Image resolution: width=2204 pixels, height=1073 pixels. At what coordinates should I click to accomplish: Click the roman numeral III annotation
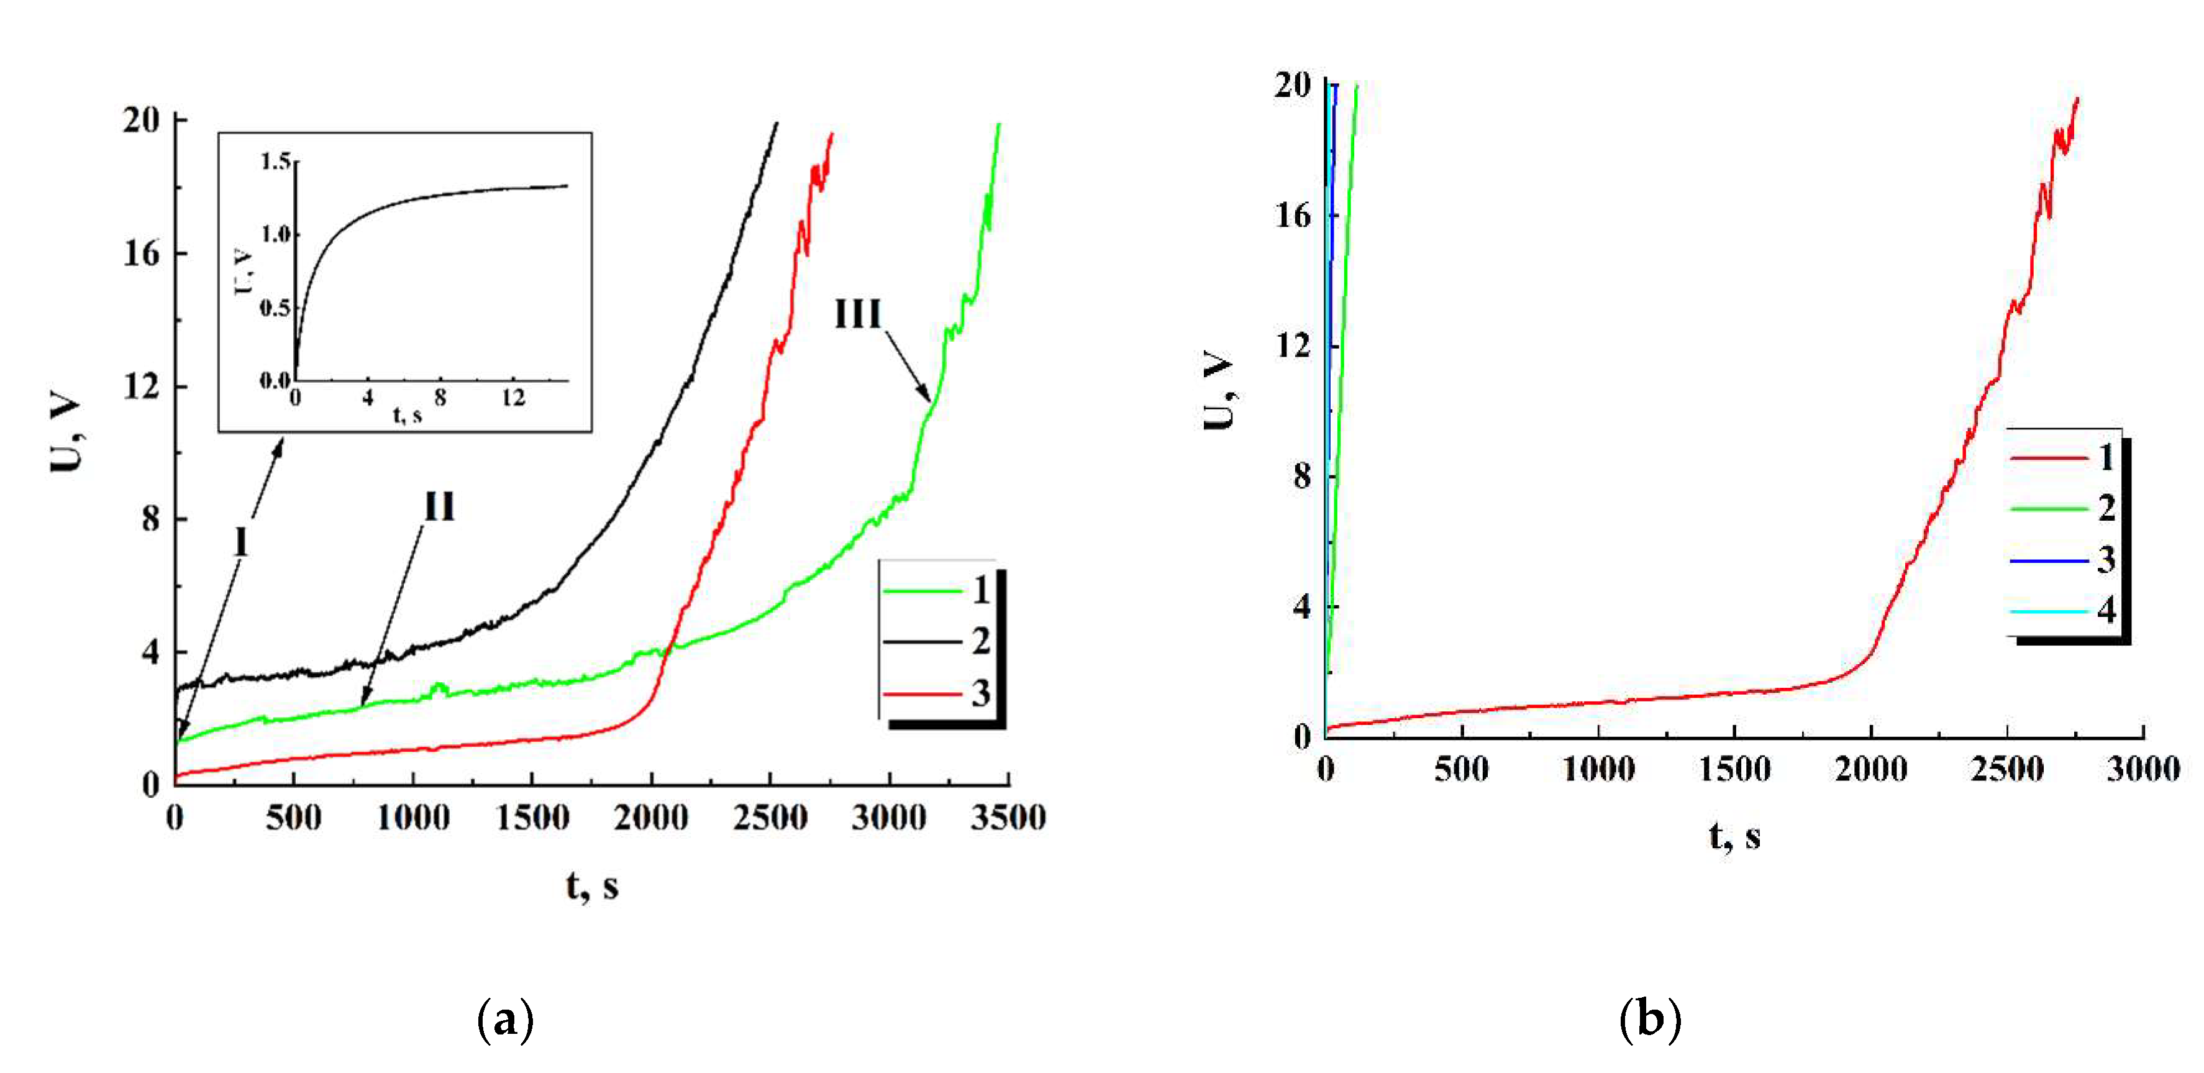pos(857,315)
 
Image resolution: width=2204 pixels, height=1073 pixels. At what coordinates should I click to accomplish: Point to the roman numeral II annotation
pos(440,508)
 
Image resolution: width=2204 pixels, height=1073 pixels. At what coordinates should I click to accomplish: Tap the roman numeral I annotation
pos(241,542)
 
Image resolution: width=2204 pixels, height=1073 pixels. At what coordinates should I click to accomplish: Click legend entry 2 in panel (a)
pos(980,642)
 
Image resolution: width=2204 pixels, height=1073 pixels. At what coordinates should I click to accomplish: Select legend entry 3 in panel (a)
pos(980,693)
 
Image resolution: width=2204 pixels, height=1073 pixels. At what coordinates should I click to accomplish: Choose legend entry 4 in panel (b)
pos(2106,611)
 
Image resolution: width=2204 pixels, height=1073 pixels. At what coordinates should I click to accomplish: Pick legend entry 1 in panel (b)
pos(2106,458)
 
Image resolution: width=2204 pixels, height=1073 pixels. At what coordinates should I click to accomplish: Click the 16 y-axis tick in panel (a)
pos(141,253)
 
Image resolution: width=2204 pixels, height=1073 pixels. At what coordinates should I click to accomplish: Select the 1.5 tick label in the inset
pos(276,161)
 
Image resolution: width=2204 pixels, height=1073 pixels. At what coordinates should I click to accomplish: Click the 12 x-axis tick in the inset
pos(512,398)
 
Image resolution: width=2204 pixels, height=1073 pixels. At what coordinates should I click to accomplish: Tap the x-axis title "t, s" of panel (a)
pos(591,887)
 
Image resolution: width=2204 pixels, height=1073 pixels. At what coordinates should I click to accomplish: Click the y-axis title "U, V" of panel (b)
pos(1218,390)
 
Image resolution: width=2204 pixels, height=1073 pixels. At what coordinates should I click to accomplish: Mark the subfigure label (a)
pos(505,1020)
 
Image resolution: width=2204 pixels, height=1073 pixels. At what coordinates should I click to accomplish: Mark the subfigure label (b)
pos(1649,1020)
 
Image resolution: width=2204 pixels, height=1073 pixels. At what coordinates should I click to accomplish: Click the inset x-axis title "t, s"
pos(408,416)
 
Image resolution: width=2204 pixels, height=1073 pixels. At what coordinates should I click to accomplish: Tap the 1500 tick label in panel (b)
pos(1734,769)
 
